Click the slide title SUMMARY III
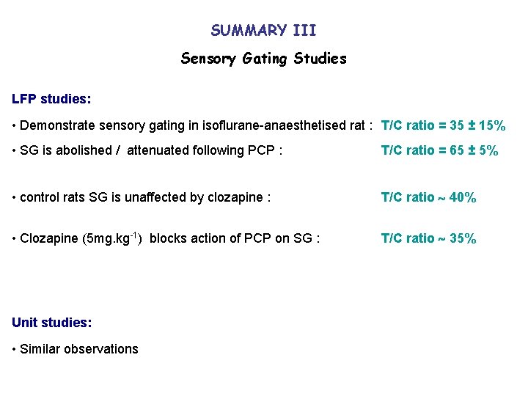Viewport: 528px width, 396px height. (263, 31)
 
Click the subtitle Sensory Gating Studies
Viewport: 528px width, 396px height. (263, 59)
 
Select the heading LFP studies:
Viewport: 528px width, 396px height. (51, 98)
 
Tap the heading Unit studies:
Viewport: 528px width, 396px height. (51, 322)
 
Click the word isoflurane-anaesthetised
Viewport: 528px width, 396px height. (264, 125)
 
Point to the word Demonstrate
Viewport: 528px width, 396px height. (55, 125)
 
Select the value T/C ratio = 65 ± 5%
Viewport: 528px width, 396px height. (440, 151)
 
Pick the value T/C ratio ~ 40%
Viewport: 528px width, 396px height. (429, 197)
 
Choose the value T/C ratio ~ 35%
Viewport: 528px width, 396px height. (429, 238)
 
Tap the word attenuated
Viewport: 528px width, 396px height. (157, 151)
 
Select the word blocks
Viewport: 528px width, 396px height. (168, 238)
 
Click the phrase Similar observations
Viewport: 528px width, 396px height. (79, 349)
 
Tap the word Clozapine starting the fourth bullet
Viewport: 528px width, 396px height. (47, 238)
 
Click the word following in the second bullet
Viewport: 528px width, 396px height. (217, 151)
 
